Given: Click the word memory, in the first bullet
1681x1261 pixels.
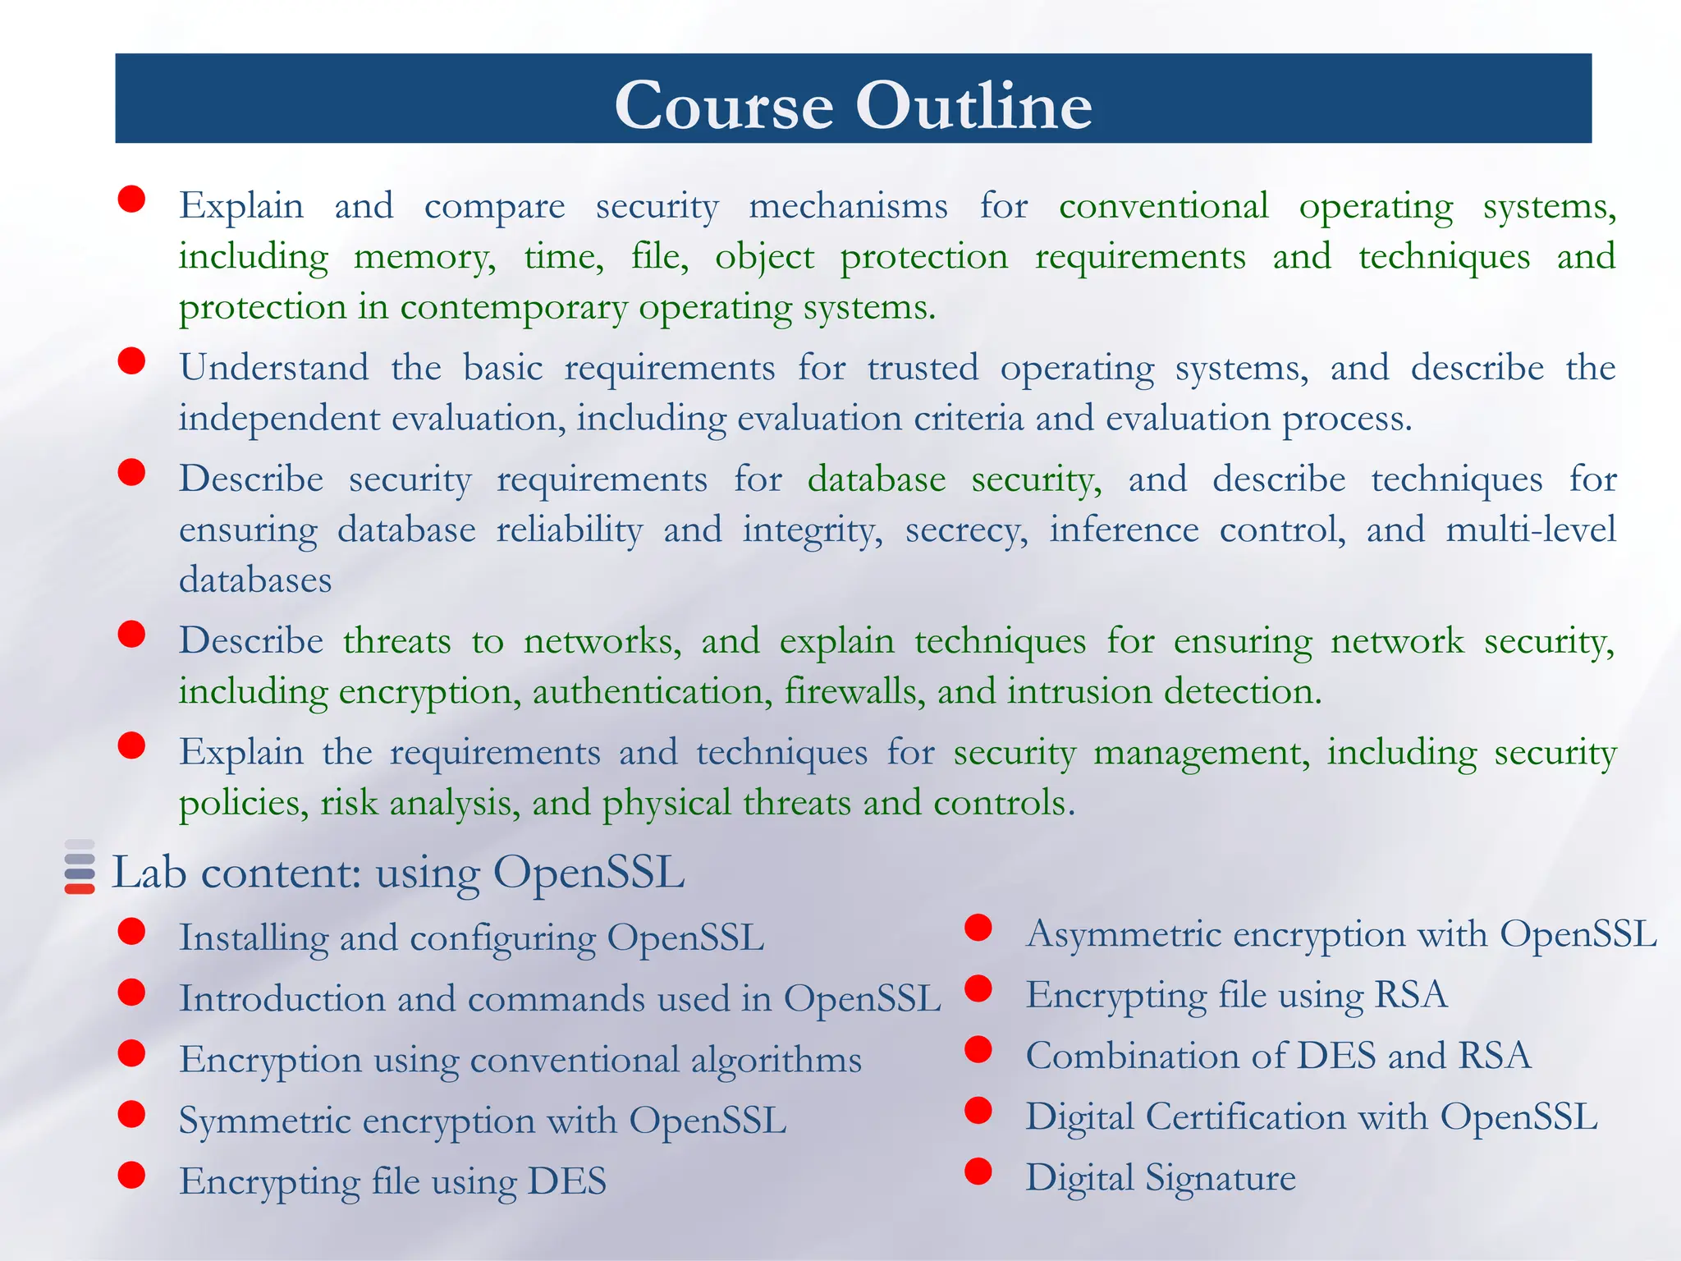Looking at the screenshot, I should [x=424, y=257].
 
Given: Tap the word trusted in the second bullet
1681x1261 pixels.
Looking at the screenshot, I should [x=923, y=367].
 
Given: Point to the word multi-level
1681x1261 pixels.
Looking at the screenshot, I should [x=1530, y=530].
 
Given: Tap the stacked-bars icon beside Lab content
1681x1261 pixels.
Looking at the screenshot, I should [x=80, y=867].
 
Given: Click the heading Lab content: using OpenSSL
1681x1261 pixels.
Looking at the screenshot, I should [x=398, y=872].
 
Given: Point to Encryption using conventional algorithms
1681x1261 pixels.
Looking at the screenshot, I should [x=520, y=1060].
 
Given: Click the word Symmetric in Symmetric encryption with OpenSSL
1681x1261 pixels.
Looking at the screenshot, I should [x=264, y=1121].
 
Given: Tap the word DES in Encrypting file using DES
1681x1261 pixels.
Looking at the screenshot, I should [x=566, y=1181].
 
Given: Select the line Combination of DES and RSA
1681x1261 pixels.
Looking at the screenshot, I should [x=1278, y=1056].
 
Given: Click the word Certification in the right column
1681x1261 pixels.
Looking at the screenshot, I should [x=1246, y=1117].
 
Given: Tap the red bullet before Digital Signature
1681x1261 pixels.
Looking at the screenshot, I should [x=978, y=1172].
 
